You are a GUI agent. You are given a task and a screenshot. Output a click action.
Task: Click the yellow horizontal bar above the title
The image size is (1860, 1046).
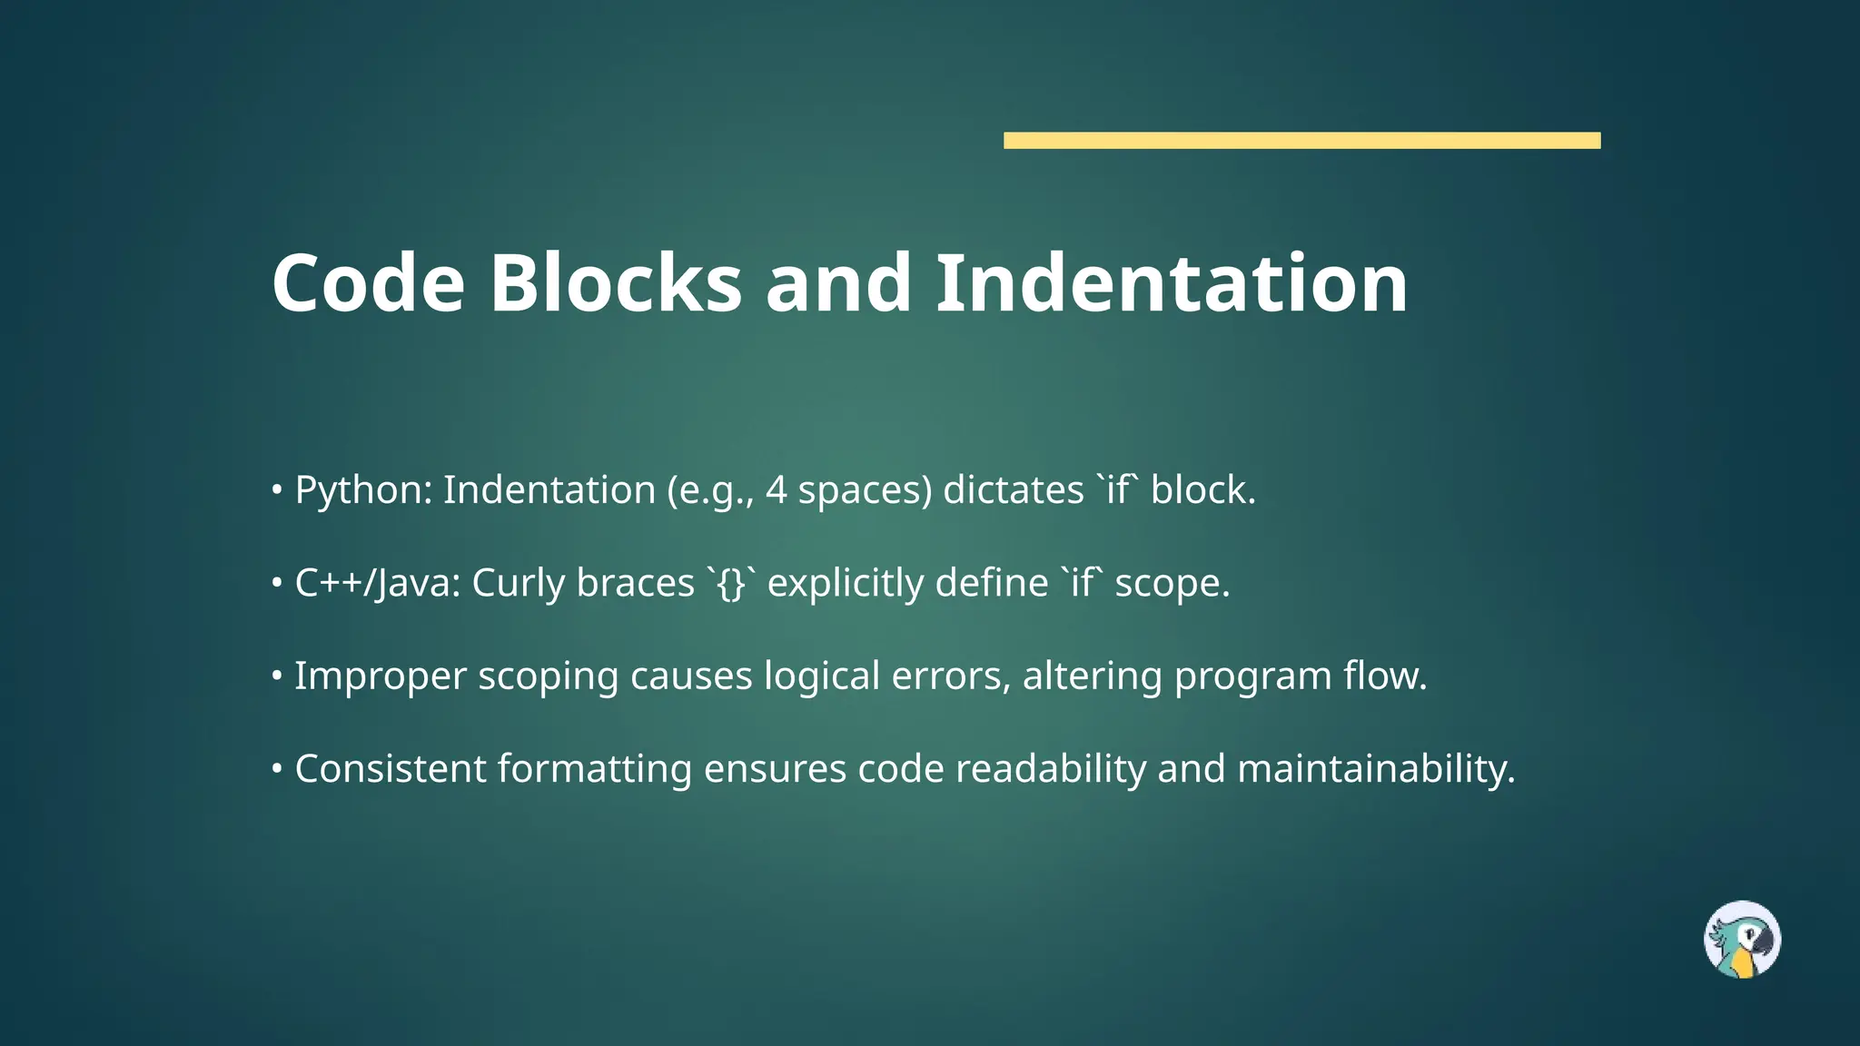pyautogui.click(x=1301, y=140)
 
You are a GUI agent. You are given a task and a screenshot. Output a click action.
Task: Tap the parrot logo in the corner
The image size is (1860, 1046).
pyautogui.click(x=1741, y=939)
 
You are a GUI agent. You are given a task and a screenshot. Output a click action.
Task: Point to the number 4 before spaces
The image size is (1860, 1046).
pyautogui.click(x=776, y=491)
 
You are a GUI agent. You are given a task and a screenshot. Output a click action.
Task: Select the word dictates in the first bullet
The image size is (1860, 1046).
pyautogui.click(x=1013, y=491)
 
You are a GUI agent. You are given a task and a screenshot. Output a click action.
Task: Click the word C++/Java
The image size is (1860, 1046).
pyautogui.click(x=377, y=584)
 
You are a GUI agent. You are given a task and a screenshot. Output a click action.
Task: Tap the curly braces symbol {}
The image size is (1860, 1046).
pyautogui.click(x=731, y=584)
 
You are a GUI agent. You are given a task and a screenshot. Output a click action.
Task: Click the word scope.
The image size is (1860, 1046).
pyautogui.click(x=1172, y=584)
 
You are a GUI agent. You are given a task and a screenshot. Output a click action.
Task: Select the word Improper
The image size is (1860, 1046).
pyautogui.click(x=380, y=677)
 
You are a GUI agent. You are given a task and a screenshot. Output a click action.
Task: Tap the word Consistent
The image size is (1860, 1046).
pyautogui.click(x=391, y=770)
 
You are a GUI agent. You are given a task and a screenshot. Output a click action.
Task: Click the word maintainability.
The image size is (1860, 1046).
pyautogui.click(x=1375, y=770)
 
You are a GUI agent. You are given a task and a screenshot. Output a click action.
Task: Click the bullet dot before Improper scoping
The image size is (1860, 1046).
pyautogui.click(x=277, y=677)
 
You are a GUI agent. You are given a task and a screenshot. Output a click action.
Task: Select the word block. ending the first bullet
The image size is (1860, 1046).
pyautogui.click(x=1202, y=491)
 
